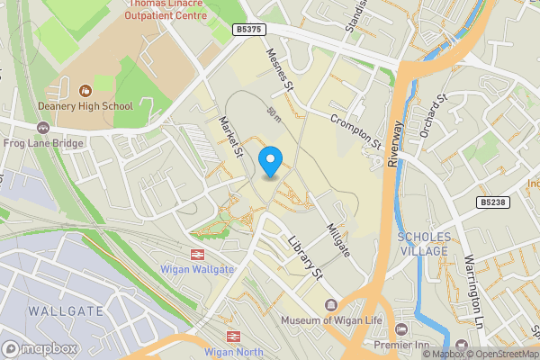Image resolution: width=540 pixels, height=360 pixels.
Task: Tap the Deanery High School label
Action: [85, 106]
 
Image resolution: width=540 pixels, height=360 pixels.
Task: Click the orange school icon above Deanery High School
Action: [85, 90]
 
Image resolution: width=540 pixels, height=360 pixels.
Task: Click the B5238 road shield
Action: [493, 202]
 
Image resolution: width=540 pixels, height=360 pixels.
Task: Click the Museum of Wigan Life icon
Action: [330, 306]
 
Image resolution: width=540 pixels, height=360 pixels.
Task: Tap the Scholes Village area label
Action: [422, 244]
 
